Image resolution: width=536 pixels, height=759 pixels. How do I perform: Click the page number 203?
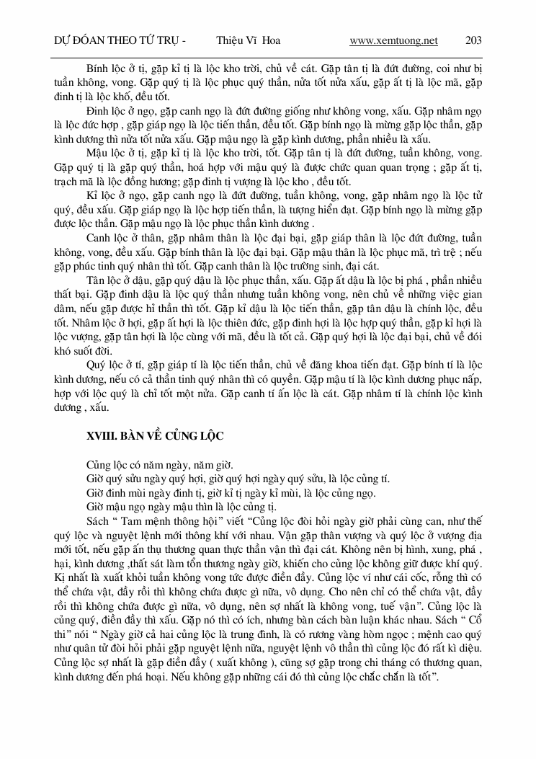474,40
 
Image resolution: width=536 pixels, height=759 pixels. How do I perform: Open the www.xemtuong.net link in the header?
393,40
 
